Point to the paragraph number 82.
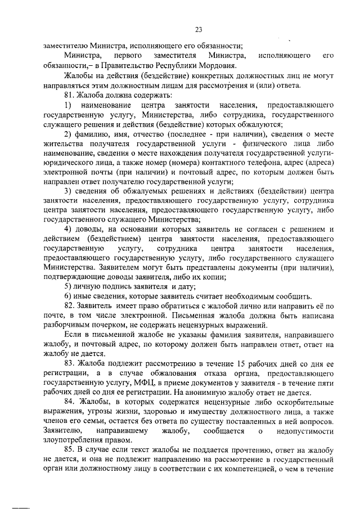[69, 305]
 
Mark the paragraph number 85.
[69, 449]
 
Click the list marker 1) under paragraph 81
[68, 106]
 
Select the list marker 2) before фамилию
[67, 133]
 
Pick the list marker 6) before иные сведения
[67, 296]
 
